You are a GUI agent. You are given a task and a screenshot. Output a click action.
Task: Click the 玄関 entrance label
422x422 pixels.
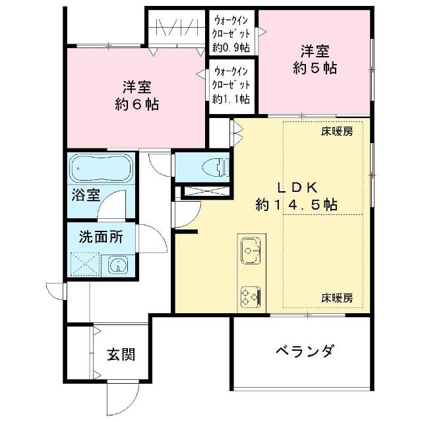click(x=121, y=355)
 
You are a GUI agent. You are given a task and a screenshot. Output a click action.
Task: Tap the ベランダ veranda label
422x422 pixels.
click(x=305, y=351)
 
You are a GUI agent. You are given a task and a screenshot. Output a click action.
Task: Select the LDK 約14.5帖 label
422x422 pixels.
click(x=296, y=196)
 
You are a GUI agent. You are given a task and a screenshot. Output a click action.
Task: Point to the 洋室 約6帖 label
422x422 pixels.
click(x=136, y=96)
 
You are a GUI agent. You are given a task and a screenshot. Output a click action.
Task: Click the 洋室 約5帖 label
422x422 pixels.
click(x=315, y=59)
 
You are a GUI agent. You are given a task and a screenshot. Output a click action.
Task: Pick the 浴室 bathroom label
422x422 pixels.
click(x=86, y=195)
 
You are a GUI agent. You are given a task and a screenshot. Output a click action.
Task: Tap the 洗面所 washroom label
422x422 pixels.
click(x=101, y=237)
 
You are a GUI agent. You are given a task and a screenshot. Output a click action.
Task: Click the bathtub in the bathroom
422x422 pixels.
click(x=101, y=169)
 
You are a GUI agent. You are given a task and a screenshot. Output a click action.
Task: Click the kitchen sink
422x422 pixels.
click(x=251, y=251)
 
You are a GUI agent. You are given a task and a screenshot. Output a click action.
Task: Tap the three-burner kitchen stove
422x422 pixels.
click(x=251, y=297)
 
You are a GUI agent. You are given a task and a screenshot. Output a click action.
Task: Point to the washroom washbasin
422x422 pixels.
click(x=118, y=265)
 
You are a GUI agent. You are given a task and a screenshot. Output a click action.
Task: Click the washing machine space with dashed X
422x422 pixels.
click(x=85, y=264)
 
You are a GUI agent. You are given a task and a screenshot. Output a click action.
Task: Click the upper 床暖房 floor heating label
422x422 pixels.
click(x=337, y=132)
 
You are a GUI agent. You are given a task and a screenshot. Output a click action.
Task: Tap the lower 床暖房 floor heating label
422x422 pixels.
click(x=337, y=298)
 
